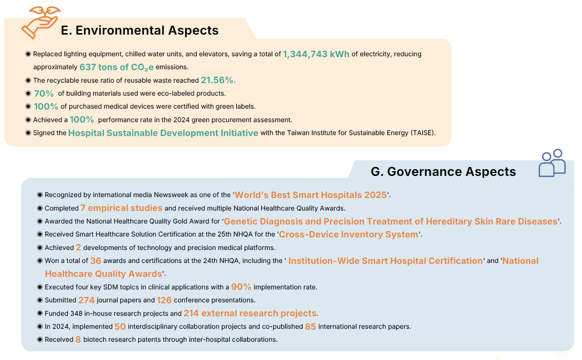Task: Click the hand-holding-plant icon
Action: coord(41,23)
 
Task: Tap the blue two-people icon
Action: coord(552,163)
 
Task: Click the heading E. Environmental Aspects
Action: coord(139,30)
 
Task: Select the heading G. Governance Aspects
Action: coord(443,172)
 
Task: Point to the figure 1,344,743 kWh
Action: coord(316,54)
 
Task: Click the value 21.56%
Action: coord(217,80)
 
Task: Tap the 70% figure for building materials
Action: coord(44,93)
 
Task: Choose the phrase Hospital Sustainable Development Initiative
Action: coord(163,133)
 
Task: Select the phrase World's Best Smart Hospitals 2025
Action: coord(311,195)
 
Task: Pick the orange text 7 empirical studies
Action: coord(121,208)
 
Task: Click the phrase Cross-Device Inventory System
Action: coord(348,235)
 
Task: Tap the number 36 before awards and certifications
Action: coord(96,261)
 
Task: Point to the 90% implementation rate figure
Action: coord(241,287)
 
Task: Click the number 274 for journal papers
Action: coord(86,300)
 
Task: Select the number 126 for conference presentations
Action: coord(164,300)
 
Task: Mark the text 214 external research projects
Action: coord(250,313)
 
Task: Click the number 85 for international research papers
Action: coord(311,326)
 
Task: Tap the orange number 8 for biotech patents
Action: coord(78,340)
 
